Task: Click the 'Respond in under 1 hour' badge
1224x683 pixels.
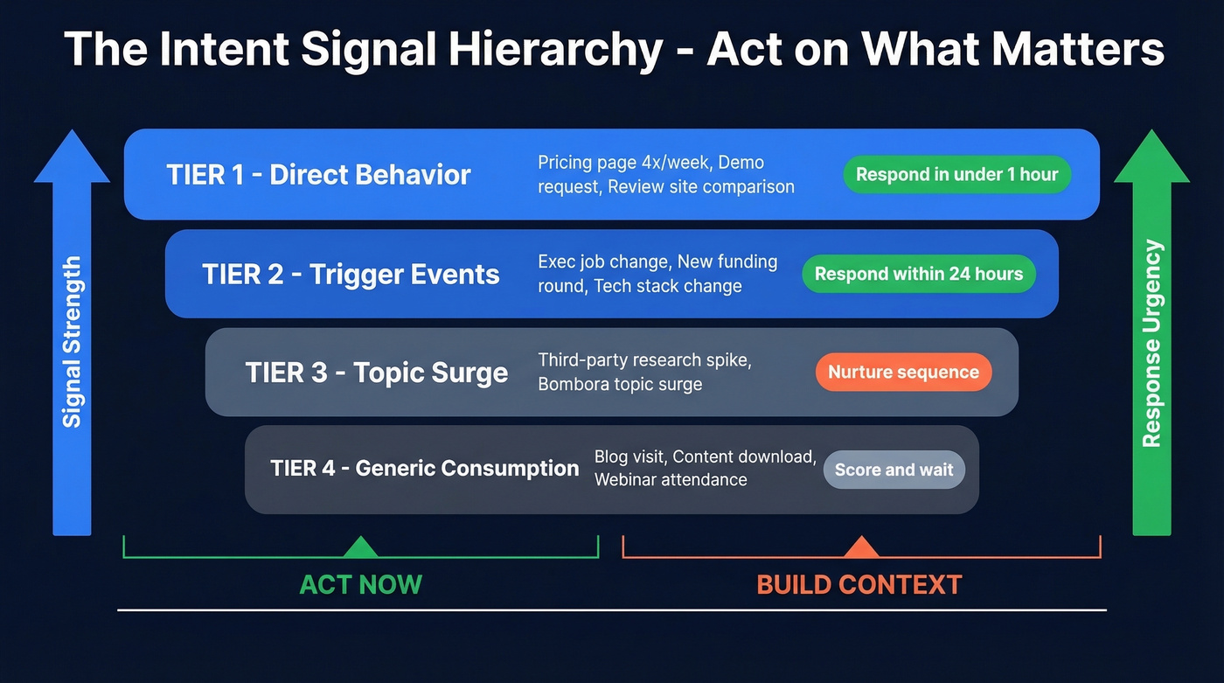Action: coord(956,175)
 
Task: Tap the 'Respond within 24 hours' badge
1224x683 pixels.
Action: coord(918,274)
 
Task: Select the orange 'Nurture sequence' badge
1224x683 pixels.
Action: coord(903,373)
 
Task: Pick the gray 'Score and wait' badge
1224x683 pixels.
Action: coord(894,470)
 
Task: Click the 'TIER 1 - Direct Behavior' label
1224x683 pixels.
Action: coord(318,175)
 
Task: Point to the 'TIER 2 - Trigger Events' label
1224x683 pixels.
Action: coord(351,274)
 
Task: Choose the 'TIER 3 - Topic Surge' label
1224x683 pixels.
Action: coord(376,373)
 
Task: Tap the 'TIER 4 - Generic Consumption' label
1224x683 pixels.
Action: coord(424,469)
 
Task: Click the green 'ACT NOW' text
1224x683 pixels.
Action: coord(360,584)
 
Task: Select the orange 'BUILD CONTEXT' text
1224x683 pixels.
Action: coord(859,584)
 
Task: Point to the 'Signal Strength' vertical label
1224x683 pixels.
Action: coord(72,341)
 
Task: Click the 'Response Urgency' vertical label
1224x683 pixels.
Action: coord(1152,343)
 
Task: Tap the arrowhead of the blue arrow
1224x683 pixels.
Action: coord(72,157)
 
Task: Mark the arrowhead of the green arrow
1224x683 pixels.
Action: coord(1151,157)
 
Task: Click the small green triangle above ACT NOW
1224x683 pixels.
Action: coord(360,548)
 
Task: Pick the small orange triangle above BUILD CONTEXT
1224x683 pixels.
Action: coord(860,548)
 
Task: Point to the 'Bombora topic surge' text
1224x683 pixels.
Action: coord(620,384)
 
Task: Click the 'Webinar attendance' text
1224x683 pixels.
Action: coord(671,479)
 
